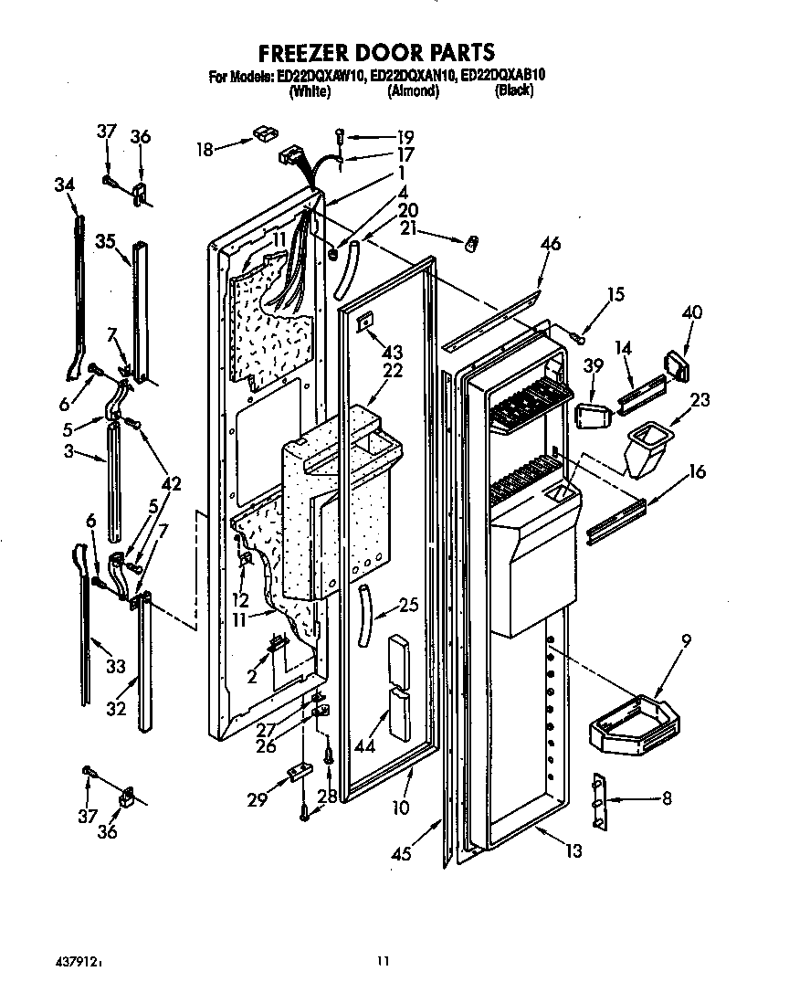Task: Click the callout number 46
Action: point(551,244)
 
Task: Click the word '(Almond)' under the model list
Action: point(413,92)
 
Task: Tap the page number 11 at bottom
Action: point(384,960)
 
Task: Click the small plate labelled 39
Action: point(591,413)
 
